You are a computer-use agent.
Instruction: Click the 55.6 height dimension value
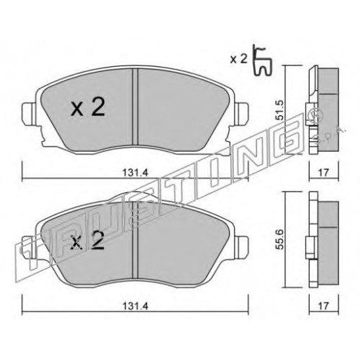point(279,240)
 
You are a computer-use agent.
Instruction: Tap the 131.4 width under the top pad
point(135,172)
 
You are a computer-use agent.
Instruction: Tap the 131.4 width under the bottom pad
point(135,306)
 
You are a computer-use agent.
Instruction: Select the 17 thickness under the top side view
point(323,172)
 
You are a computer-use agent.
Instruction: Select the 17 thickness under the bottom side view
point(323,306)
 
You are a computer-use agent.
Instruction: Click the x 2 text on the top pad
point(88,108)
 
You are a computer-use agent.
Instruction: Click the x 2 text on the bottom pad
point(88,240)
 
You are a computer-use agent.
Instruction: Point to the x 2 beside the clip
point(238,59)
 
